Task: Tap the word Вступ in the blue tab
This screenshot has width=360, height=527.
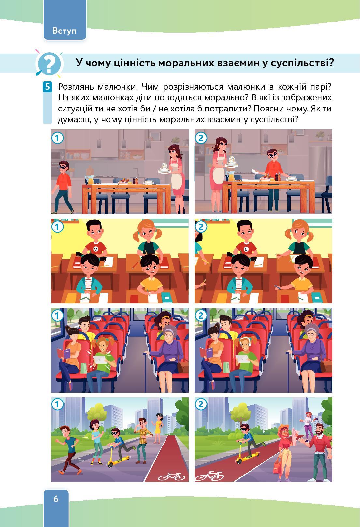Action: [x=65, y=31]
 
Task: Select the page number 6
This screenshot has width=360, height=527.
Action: [x=56, y=499]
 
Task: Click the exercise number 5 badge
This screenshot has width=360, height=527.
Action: [x=47, y=87]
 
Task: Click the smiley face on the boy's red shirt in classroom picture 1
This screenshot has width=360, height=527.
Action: [x=95, y=248]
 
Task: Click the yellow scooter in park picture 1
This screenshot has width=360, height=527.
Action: [x=118, y=456]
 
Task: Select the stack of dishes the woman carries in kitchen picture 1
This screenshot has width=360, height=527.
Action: [x=164, y=168]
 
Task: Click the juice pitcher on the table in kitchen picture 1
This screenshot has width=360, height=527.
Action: [x=90, y=180]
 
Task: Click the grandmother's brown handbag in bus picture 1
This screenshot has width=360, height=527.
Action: [x=182, y=366]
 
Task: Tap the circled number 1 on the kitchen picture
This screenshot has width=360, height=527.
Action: [x=57, y=138]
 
